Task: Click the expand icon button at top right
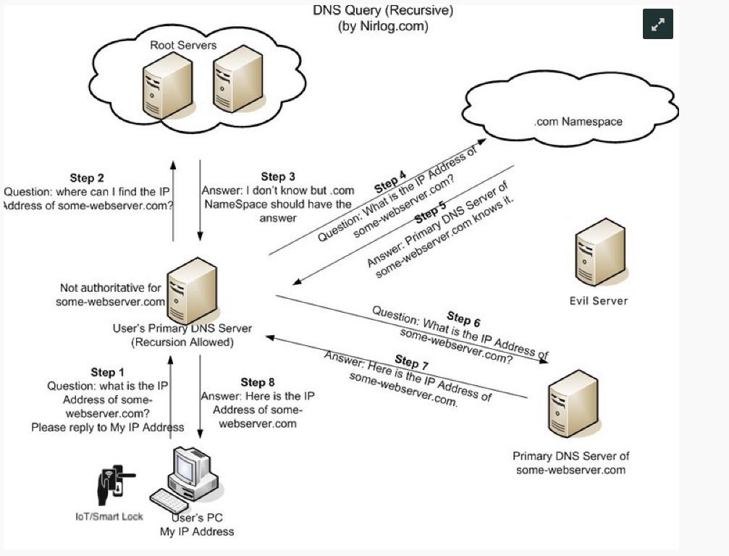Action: (x=657, y=24)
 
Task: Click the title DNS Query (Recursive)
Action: (x=383, y=10)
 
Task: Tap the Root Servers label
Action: (x=183, y=45)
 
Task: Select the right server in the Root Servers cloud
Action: (x=237, y=80)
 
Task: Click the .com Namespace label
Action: (x=578, y=122)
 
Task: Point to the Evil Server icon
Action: (x=599, y=253)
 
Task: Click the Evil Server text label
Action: (x=599, y=300)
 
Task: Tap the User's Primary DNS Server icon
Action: (x=191, y=291)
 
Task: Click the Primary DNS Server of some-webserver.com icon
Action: (x=573, y=405)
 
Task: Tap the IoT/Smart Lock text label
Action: (x=109, y=516)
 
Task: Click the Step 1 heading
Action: (x=107, y=372)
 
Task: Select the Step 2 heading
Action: (x=87, y=178)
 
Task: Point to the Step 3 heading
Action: (x=278, y=177)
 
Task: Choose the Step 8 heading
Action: (x=258, y=382)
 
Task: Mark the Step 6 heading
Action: (x=463, y=319)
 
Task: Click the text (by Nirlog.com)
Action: (x=383, y=26)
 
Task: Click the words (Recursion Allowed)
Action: (x=182, y=342)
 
